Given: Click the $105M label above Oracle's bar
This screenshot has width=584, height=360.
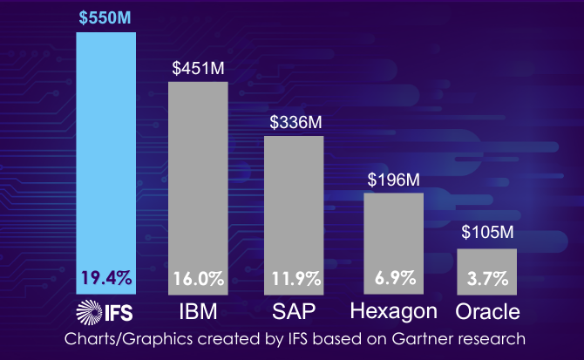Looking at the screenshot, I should pyautogui.click(x=487, y=234).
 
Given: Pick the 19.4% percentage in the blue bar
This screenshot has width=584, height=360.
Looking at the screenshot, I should pyautogui.click(x=106, y=279).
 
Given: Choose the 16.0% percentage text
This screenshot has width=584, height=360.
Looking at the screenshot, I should pyautogui.click(x=198, y=280).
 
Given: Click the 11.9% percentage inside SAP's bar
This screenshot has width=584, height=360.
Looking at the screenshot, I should pyautogui.click(x=295, y=280).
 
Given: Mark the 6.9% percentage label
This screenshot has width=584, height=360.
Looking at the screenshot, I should pyautogui.click(x=393, y=280).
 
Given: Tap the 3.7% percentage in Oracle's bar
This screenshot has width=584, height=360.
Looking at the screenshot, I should pyautogui.click(x=487, y=280).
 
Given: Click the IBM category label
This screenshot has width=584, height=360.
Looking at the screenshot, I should pyautogui.click(x=198, y=311).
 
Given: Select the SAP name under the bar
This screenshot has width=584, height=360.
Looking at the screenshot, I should pyautogui.click(x=295, y=311).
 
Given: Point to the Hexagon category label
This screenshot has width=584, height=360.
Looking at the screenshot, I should pyautogui.click(x=393, y=311).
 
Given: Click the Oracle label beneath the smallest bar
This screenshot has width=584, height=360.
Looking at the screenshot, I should pyautogui.click(x=487, y=311).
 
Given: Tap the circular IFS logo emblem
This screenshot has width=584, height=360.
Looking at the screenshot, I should pyautogui.click(x=88, y=311).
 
